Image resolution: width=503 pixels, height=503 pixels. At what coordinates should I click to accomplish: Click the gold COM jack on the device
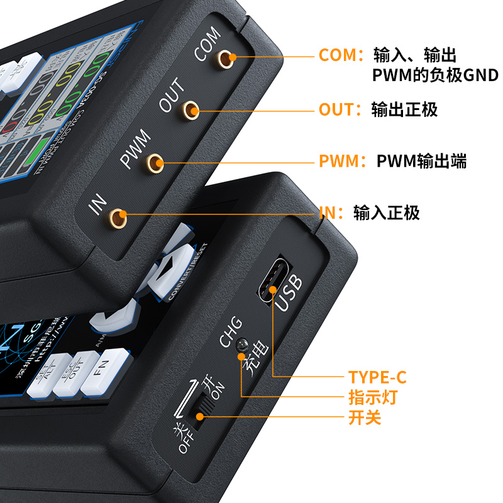point(226,58)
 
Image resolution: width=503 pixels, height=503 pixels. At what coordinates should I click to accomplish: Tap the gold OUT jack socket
point(191,111)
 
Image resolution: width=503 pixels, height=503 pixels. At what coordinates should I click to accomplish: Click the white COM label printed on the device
point(207,44)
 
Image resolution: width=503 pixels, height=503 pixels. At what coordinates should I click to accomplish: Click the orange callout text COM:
point(341,55)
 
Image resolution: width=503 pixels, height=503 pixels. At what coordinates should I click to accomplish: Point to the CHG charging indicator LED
point(241,345)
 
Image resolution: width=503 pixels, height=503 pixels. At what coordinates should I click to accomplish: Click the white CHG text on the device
point(229,332)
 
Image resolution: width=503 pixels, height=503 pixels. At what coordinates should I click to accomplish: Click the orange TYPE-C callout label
point(377,377)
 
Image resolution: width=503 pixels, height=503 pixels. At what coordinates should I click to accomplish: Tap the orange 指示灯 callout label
point(373,397)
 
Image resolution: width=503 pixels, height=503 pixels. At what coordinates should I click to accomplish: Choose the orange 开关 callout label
point(365,417)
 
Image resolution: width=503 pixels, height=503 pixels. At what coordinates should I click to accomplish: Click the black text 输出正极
point(404,109)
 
